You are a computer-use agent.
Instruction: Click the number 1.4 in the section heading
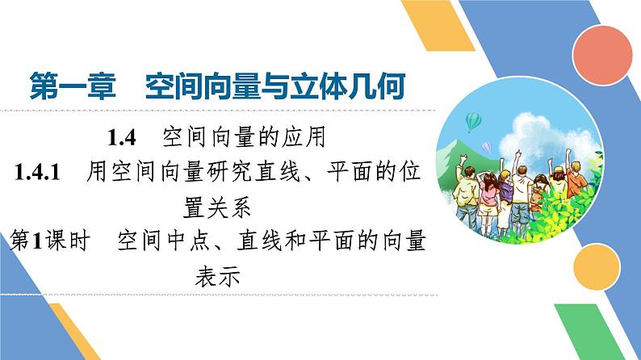pyautogui.click(x=125, y=136)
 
